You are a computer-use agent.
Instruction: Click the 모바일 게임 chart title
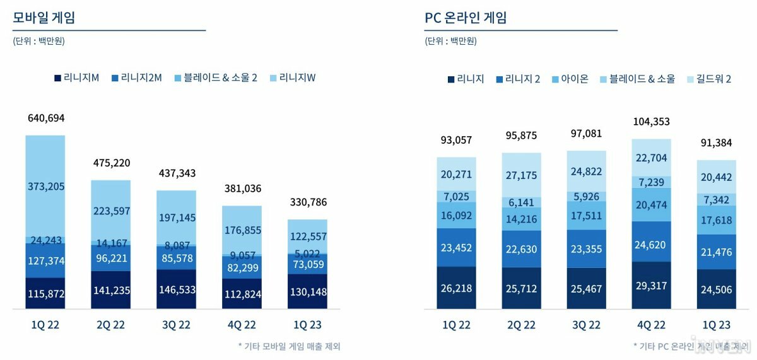point(44,18)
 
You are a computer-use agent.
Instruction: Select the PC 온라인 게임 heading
point(466,18)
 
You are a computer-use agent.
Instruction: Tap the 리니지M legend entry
point(77,78)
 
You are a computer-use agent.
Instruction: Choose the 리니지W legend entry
point(293,78)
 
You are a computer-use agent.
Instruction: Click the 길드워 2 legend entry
point(709,79)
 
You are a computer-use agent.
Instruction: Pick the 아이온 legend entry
point(570,79)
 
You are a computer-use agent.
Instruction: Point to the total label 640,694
point(46,118)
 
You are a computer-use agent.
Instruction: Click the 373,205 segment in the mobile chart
point(45,186)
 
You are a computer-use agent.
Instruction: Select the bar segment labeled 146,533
point(176,289)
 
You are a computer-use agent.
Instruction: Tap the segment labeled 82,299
point(242,267)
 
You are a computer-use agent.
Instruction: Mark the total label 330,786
point(308,202)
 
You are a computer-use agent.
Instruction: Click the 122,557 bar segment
point(308,236)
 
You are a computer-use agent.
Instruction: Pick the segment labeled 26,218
point(456,287)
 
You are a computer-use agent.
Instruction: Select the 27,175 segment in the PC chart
point(522,175)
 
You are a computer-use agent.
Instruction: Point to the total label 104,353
point(651,122)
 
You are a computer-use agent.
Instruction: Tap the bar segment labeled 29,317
point(651,286)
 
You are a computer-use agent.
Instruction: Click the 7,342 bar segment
point(717,200)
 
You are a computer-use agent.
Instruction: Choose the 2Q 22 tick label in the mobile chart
point(110,325)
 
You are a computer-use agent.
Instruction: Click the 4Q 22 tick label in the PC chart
point(651,325)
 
